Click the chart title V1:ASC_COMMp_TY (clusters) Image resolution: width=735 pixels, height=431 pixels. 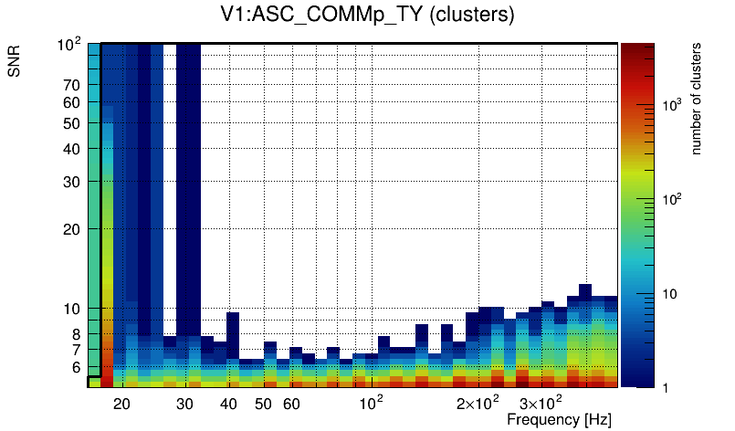(367, 16)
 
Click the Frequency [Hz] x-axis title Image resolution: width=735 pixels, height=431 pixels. (559, 419)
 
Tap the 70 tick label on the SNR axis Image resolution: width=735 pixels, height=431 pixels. (72, 85)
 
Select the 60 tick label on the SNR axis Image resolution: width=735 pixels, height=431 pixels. (72, 102)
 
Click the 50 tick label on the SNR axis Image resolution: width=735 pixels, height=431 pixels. (72, 123)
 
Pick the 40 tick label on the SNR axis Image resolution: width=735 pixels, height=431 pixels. (72, 149)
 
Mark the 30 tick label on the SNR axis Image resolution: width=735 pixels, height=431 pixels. (72, 182)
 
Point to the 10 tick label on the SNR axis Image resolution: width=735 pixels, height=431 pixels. (72, 309)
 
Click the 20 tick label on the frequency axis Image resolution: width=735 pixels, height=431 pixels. (121, 404)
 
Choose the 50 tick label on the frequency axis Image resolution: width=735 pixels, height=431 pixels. (263, 404)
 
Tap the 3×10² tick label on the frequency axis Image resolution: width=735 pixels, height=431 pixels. (538, 404)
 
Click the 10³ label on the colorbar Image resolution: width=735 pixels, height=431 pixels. (672, 106)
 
